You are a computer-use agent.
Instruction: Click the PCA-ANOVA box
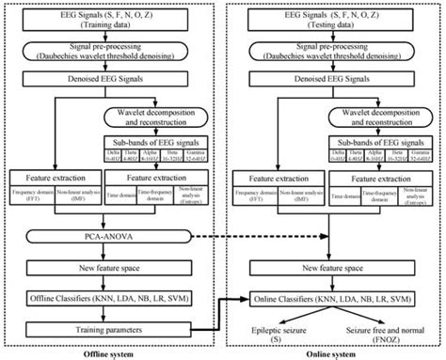(112, 235)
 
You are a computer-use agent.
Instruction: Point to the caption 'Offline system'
(112, 352)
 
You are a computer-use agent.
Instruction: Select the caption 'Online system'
(330, 352)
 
